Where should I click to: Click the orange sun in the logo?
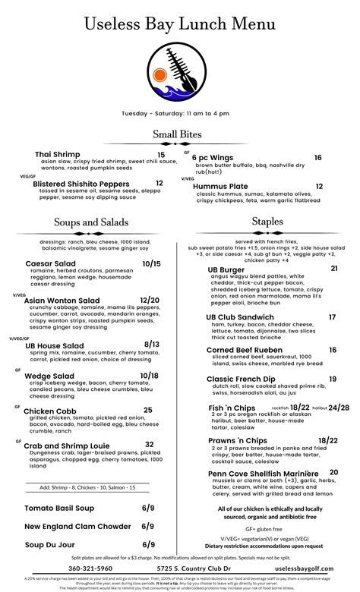(x=160, y=75)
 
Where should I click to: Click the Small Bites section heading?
(x=180, y=135)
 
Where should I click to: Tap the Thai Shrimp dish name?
(x=58, y=155)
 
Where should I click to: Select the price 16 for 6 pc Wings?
(x=317, y=158)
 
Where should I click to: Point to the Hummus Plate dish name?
(x=220, y=186)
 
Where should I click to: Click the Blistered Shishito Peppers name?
(x=81, y=184)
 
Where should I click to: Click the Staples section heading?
(x=268, y=221)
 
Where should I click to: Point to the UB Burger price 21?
(x=333, y=269)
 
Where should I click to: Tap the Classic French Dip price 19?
(x=333, y=379)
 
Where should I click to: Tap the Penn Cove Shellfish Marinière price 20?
(x=333, y=472)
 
